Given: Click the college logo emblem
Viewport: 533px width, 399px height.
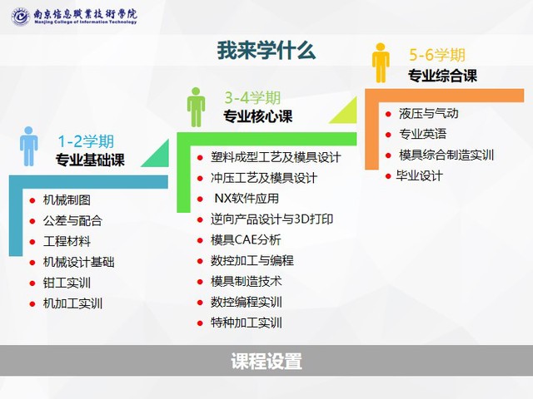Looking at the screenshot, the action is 20,17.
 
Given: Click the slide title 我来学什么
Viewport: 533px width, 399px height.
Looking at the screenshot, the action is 266,50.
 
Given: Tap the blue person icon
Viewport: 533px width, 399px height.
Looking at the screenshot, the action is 29,146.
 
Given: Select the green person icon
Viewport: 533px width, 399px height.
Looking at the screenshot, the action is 197,107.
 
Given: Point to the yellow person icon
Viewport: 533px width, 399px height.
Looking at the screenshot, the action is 381,63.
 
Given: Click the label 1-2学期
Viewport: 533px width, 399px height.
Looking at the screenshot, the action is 86,141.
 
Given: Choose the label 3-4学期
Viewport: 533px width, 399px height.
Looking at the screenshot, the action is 252,98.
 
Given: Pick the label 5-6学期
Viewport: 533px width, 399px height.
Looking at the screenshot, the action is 436,55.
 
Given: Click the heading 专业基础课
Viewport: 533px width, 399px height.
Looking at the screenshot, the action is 90,160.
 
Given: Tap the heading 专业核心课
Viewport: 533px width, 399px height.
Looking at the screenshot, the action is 257,116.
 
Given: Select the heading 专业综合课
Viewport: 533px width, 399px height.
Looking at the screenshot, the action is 442,76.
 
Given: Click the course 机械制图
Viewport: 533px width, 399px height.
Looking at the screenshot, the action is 67,199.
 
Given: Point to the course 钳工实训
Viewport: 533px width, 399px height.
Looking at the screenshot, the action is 67,283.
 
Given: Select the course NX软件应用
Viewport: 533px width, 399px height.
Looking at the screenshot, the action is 247,198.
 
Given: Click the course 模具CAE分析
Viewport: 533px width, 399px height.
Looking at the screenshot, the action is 246,240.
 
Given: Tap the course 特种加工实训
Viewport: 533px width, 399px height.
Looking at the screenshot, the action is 247,323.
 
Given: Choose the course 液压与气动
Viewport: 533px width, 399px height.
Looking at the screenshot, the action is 429,113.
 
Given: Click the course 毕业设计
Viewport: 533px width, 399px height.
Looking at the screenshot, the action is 420,175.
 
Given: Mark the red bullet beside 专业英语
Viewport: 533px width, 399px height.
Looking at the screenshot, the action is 389,135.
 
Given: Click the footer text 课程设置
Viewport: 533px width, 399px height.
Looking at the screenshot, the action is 266,361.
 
